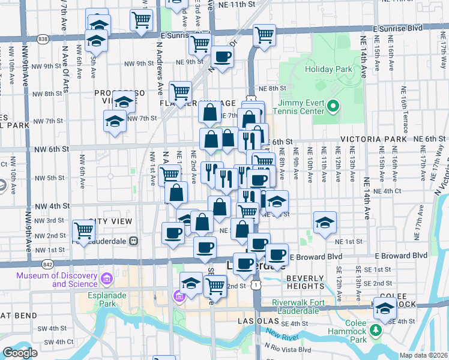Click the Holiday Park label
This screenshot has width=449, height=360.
click(328, 69)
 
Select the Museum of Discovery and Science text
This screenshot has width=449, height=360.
click(57, 280)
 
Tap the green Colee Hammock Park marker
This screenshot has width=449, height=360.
click(376, 330)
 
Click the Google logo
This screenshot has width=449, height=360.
click(20, 353)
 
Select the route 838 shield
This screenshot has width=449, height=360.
click(43, 39)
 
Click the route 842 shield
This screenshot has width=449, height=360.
click(46, 264)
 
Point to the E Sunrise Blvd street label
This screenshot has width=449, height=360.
click(397, 28)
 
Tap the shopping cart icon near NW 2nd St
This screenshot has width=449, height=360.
click(83, 230)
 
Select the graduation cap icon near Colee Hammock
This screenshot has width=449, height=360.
click(385, 308)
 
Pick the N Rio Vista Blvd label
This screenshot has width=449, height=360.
click(289, 349)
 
